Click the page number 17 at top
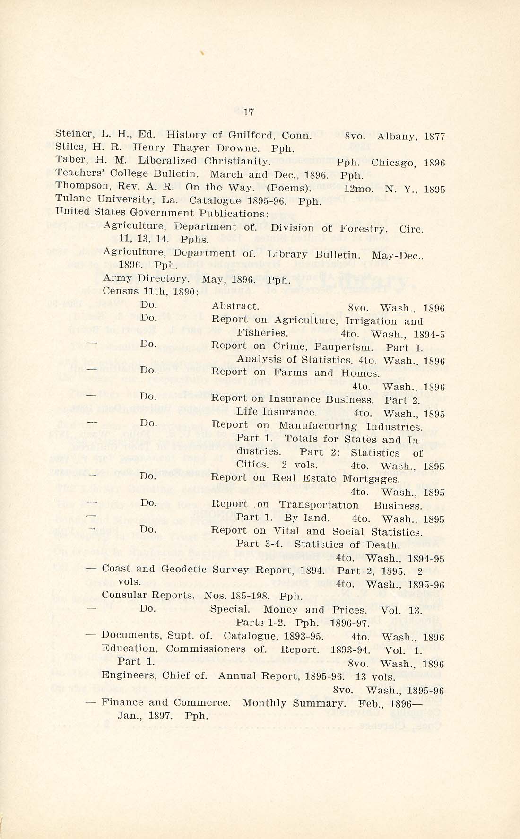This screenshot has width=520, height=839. (249, 112)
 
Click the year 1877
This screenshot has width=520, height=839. (434, 137)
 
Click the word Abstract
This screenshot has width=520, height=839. (235, 306)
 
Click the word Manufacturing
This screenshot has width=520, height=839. (318, 425)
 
